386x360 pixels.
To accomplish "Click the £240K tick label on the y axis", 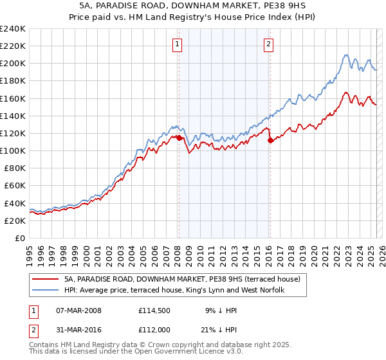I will pos(13,29).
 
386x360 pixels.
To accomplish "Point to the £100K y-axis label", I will pos(13,150).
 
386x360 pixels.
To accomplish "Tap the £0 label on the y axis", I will pos(21,238).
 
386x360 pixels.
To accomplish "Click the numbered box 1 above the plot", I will pos(177,44).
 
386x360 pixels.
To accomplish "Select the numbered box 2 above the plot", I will pos(268,44).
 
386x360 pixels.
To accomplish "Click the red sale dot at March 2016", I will pos(270,140).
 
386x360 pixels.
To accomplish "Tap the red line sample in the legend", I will pos(46,280).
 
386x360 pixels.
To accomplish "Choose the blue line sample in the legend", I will pos(46,291).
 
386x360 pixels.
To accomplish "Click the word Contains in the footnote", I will pos(44,345).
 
